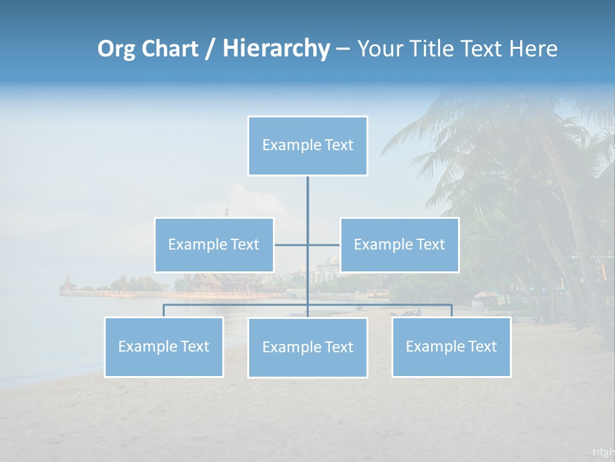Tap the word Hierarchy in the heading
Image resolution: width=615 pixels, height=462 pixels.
(x=276, y=49)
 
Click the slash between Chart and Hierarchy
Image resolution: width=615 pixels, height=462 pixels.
(x=210, y=49)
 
